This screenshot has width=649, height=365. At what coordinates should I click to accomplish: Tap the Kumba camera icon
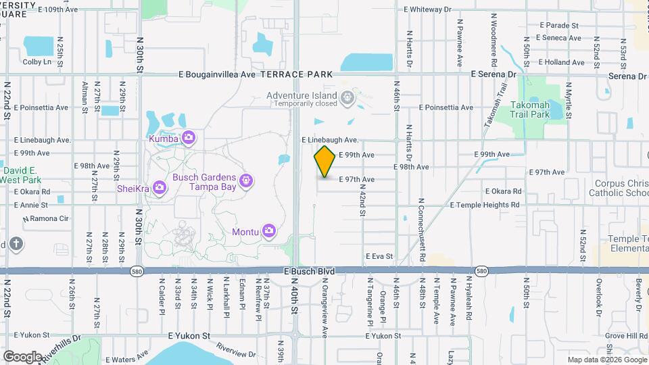coord(189,139)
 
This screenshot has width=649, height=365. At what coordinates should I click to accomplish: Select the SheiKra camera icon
coord(160,187)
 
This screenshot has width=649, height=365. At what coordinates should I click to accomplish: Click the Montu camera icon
coord(269,231)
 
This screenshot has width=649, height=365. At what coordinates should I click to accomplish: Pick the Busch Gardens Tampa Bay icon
coord(247,180)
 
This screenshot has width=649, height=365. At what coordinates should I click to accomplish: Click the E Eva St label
coord(379,256)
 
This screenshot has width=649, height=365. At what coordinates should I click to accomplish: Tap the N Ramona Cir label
coord(46,219)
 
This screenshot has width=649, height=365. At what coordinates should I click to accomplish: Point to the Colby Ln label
coord(37,62)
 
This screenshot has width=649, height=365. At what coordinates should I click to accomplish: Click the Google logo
coord(23,356)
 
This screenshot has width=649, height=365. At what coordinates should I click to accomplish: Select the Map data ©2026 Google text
coord(606,360)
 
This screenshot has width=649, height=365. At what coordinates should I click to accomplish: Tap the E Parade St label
coord(559,25)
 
